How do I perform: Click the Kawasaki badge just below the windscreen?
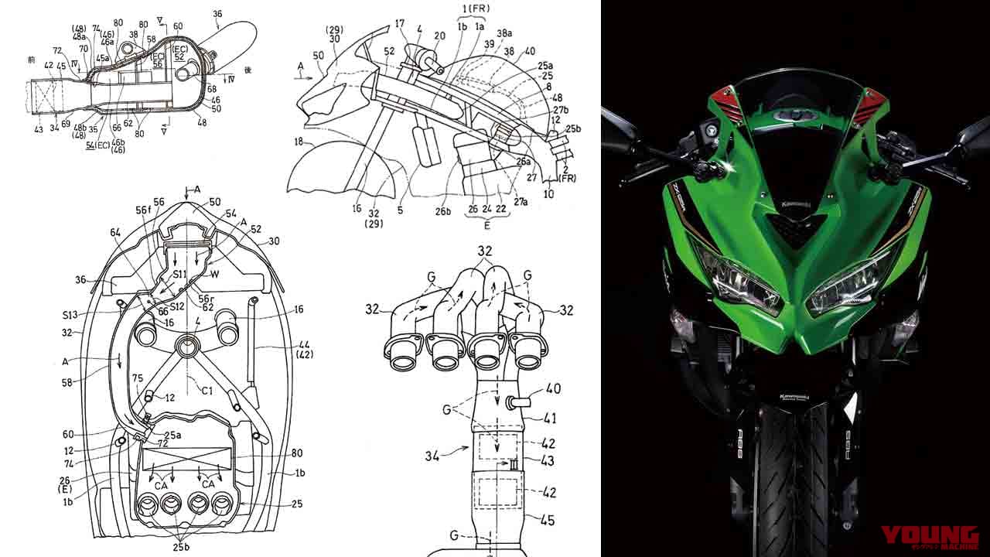pos(796,201)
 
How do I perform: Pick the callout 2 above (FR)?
pos(568,168)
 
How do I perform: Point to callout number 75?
pos(137,378)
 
